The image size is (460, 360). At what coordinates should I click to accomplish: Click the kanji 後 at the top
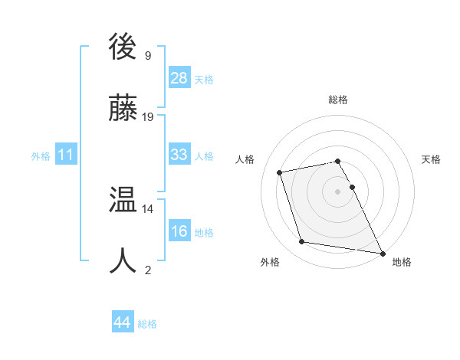pyautogui.click(x=123, y=49)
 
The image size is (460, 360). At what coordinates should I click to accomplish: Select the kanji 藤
pyautogui.click(x=123, y=110)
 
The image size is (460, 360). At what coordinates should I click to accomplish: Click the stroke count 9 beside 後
pyautogui.click(x=147, y=55)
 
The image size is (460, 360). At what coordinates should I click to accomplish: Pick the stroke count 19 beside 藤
pyautogui.click(x=148, y=116)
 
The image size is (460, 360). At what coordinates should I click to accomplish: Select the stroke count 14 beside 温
pyautogui.click(x=148, y=208)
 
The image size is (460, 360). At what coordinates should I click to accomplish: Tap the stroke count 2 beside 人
pyautogui.click(x=147, y=269)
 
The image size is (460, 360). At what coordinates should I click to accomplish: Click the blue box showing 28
pyautogui.click(x=179, y=78)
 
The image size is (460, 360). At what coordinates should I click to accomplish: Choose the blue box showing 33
pyautogui.click(x=179, y=155)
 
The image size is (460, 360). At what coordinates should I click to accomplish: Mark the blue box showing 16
pyautogui.click(x=179, y=231)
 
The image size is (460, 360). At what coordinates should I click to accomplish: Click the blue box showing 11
pyautogui.click(x=66, y=155)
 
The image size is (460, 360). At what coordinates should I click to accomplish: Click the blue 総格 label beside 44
pyautogui.click(x=148, y=324)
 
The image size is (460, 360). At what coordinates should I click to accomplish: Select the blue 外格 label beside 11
pyautogui.click(x=41, y=156)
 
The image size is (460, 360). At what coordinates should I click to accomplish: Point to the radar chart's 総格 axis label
pyautogui.click(x=338, y=100)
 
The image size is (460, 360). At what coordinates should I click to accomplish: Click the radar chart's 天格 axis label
pyautogui.click(x=431, y=159)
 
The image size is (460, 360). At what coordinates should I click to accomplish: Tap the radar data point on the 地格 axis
pyautogui.click(x=381, y=252)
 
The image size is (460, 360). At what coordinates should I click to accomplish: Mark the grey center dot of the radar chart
pyautogui.click(x=338, y=191)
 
